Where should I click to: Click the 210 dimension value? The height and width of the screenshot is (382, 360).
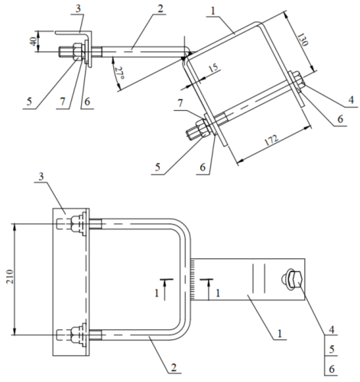coord(10,277)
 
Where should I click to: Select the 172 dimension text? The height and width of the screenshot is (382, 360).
coord(271,140)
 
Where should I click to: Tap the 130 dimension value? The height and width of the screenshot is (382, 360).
coord(302,39)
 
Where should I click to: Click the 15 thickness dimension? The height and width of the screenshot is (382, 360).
coord(213,67)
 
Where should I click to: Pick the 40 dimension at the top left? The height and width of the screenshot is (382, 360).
coord(34,41)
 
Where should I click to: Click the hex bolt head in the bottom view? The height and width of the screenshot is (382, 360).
coord(297,280)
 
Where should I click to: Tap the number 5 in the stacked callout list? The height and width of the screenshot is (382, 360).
coord(332,349)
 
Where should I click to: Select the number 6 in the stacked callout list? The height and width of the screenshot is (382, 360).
coord(332,369)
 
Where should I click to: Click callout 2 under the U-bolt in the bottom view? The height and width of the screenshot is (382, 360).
coord(174,367)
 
